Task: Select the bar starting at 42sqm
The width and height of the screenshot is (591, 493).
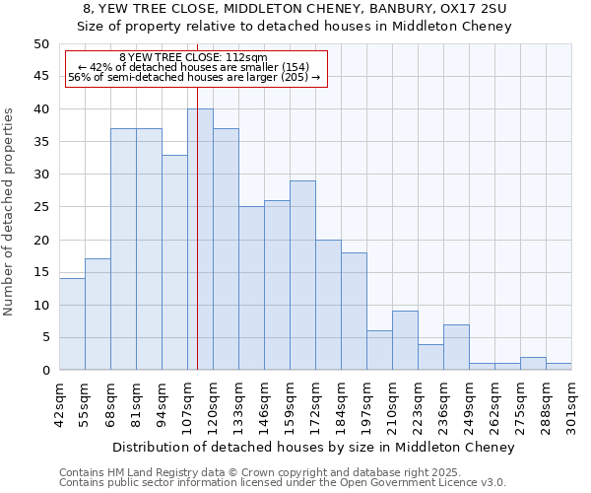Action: click(x=72, y=324)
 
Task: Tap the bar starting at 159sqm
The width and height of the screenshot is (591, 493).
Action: click(x=302, y=275)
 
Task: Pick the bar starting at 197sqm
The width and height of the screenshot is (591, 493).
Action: click(x=379, y=350)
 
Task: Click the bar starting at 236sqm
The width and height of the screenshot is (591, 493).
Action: click(x=456, y=347)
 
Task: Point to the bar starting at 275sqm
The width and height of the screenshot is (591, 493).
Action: click(x=533, y=364)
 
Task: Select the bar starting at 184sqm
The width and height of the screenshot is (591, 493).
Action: click(x=354, y=312)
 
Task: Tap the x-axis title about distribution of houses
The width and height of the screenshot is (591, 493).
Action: click(x=313, y=448)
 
